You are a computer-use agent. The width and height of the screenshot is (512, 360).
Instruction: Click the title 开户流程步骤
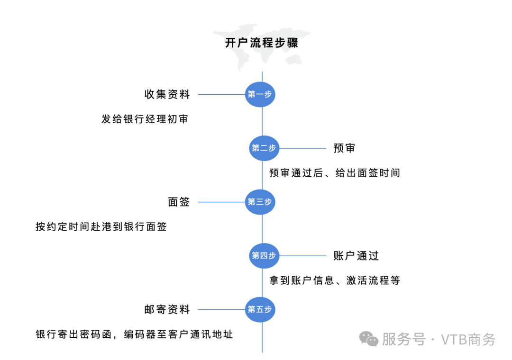point(261,43)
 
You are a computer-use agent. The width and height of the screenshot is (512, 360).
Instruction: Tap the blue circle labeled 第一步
point(260,94)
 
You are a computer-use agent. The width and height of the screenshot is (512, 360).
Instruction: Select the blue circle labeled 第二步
point(264,148)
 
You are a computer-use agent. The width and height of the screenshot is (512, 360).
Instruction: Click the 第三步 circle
point(260,202)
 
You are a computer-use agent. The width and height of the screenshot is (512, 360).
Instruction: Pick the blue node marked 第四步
point(264,256)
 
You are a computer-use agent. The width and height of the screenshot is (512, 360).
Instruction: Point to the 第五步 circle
point(260,310)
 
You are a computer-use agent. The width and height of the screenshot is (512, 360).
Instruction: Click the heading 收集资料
point(167,94)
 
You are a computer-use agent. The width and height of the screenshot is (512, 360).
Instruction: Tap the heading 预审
point(344,148)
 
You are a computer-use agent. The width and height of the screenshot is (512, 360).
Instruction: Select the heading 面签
point(179,202)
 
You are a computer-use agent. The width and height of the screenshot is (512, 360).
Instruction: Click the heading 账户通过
point(356,256)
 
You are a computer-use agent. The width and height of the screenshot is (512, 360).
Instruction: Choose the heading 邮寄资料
point(167,310)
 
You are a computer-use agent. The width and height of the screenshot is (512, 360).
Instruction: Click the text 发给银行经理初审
point(145,119)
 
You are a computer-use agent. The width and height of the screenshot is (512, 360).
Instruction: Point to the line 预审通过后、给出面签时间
point(335,173)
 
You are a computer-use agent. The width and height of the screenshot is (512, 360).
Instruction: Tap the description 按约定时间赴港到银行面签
point(101,227)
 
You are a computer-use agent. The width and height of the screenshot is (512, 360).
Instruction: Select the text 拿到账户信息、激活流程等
point(335,280)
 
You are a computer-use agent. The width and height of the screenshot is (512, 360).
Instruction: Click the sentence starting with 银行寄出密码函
point(134,334)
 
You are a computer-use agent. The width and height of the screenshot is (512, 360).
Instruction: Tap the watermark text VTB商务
point(468,340)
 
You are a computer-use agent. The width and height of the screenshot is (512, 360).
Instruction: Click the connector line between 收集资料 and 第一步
point(221,94)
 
